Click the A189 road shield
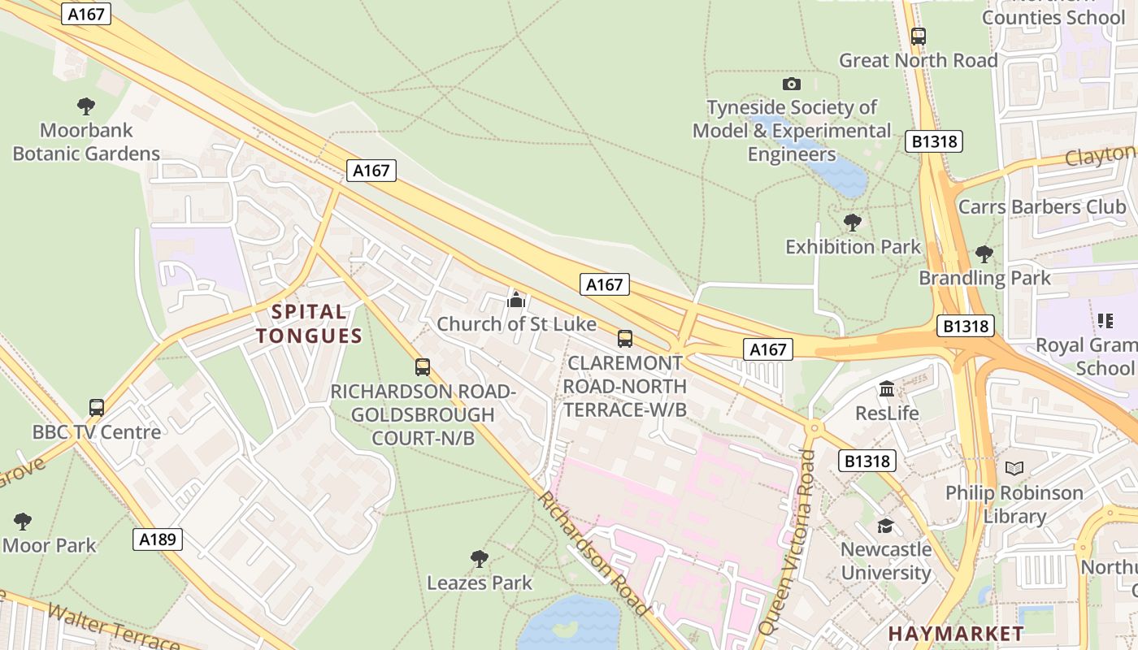158,539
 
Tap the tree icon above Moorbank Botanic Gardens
86,106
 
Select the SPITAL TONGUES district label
309,323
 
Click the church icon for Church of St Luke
516,300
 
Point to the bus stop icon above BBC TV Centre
97,407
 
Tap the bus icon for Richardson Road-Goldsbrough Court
423,366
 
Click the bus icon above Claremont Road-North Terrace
624,338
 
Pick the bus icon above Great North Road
918,37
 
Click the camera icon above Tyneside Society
791,84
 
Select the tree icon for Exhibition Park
852,222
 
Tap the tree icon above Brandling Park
984,253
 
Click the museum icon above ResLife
887,388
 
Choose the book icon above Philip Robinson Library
1014,468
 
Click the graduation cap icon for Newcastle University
885,526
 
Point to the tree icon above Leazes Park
480,558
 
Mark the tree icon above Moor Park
23,521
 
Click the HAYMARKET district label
955,633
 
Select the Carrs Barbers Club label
1042,206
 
